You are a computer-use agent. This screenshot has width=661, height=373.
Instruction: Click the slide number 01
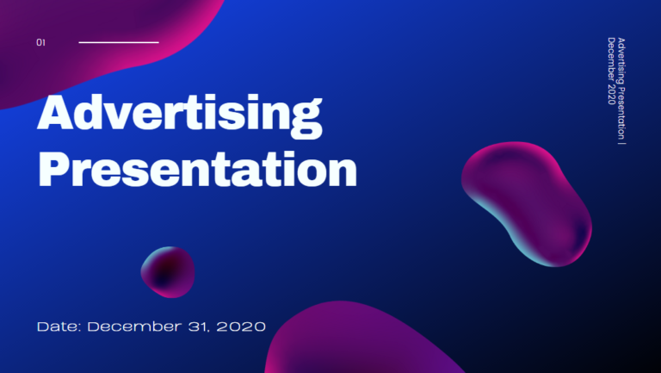coord(40,42)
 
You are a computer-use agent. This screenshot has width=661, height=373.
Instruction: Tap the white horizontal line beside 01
coord(119,41)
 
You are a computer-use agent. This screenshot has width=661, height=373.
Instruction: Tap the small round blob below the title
coord(168,271)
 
